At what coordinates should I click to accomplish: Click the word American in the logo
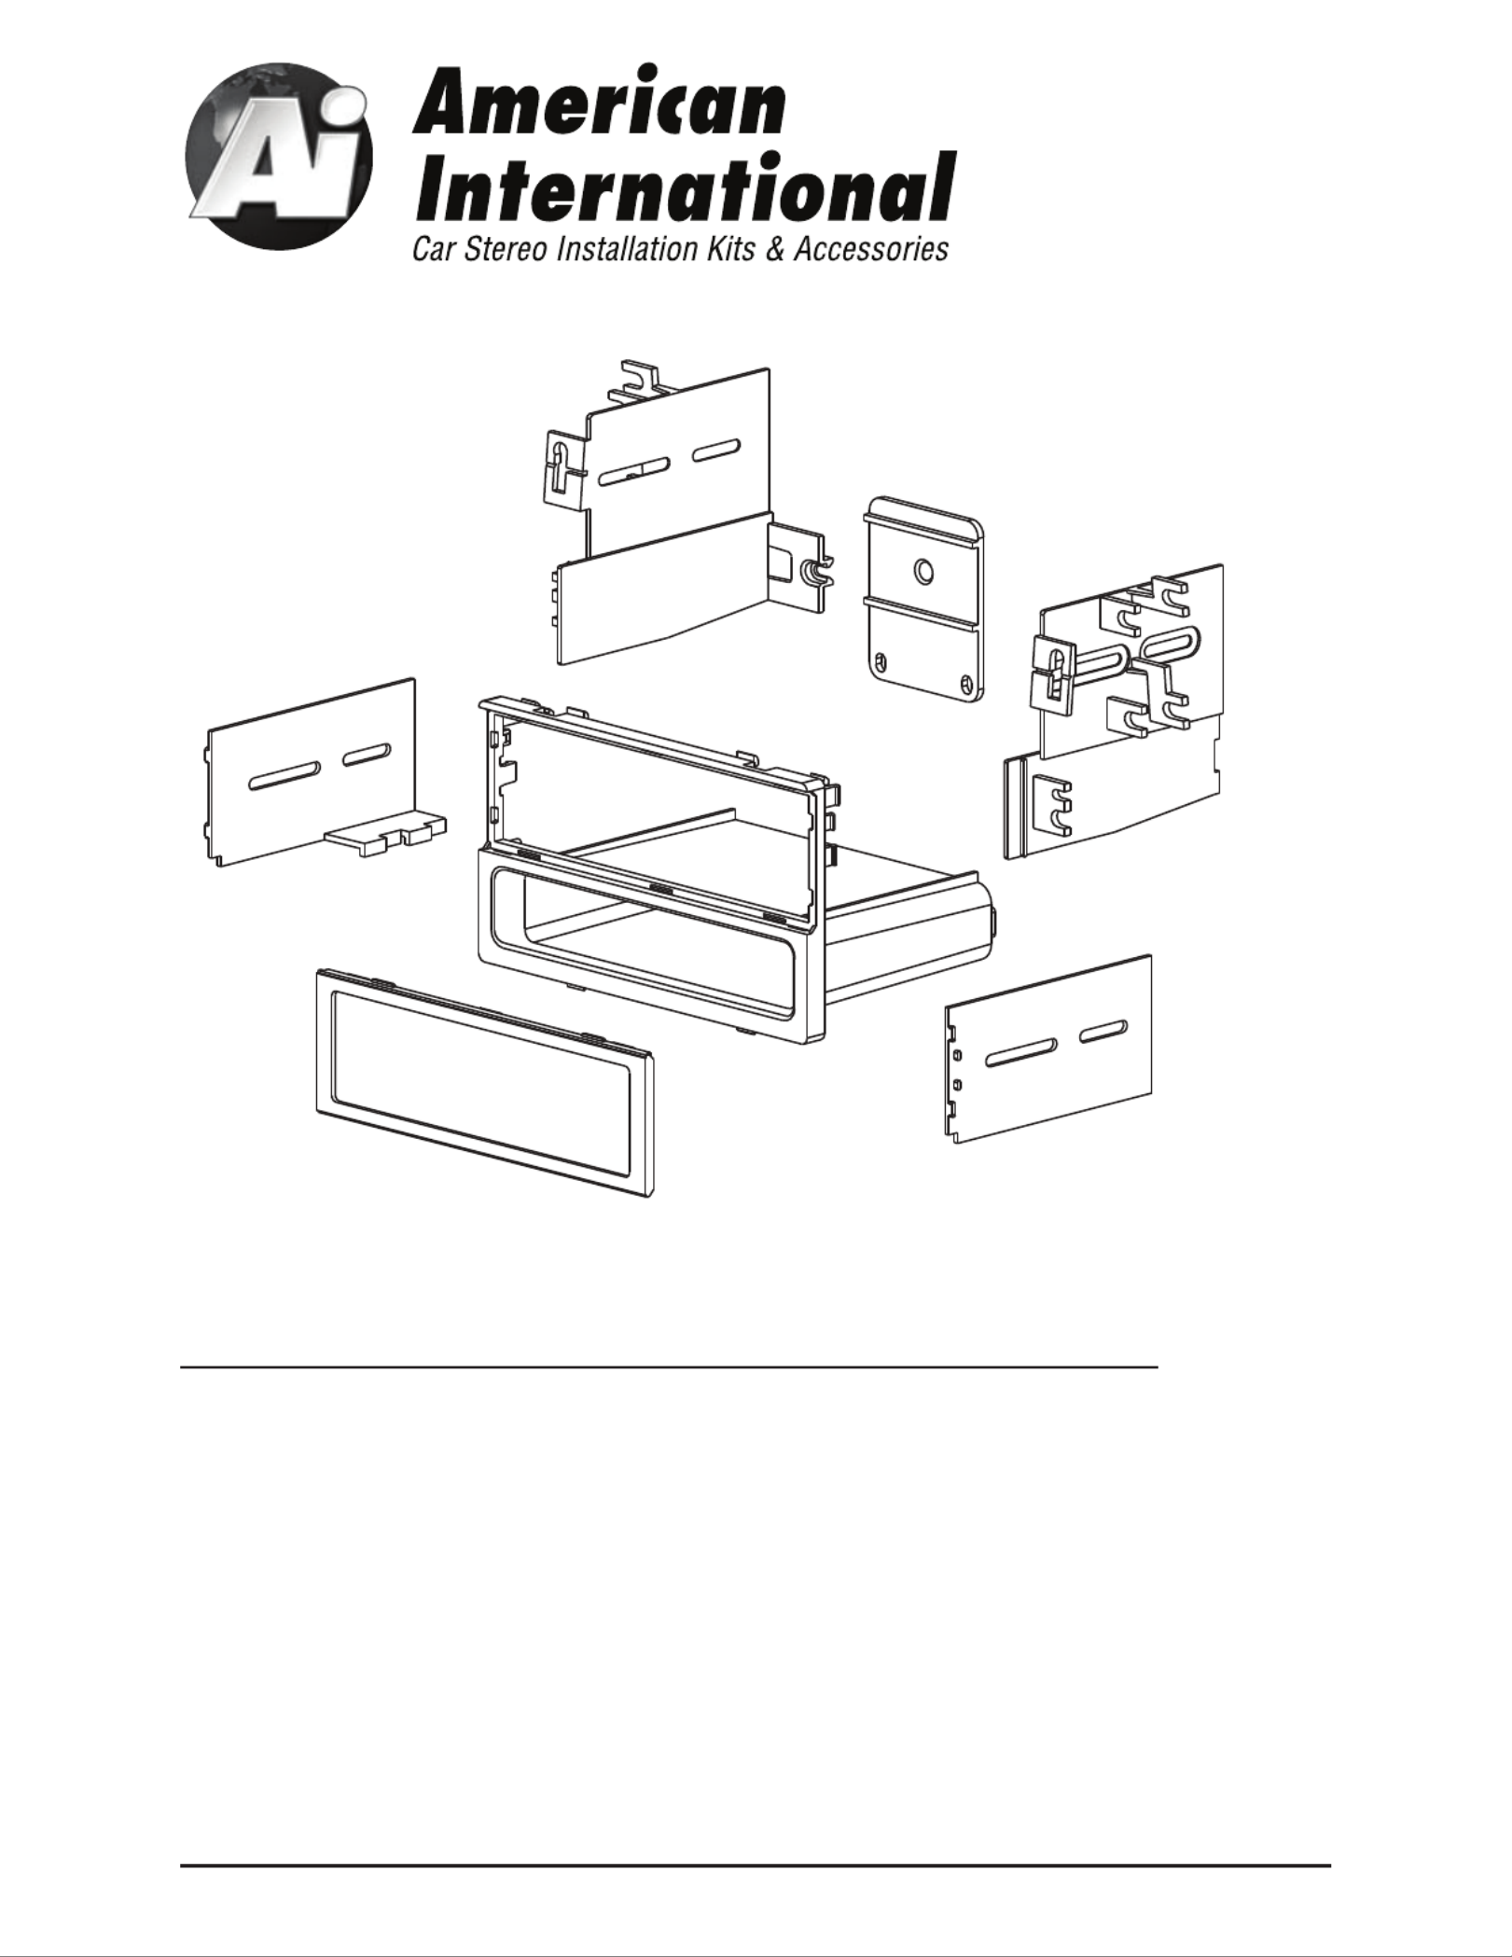click(x=598, y=102)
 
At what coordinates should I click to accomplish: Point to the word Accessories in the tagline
click(x=871, y=250)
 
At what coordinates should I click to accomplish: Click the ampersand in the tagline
click(x=774, y=250)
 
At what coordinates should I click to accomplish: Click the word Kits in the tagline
click(x=730, y=250)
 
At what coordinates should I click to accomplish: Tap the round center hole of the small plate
click(x=923, y=571)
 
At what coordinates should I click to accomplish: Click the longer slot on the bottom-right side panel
click(x=1020, y=1051)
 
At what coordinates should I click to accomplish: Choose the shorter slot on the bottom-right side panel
click(x=1103, y=1031)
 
